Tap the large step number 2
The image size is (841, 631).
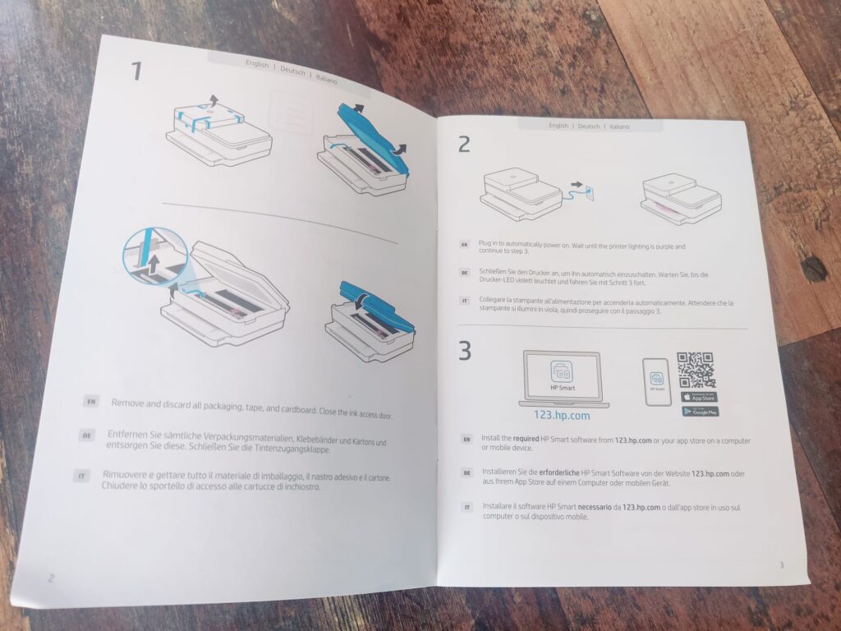coord(465,145)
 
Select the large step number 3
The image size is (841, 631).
coord(465,351)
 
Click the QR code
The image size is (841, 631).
coord(696,371)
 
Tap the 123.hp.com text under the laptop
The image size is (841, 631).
coord(563,415)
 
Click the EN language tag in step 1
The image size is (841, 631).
coord(92,402)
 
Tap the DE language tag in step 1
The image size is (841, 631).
coord(87,435)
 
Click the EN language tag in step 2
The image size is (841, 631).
coord(465,244)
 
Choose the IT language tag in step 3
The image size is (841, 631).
coord(466,507)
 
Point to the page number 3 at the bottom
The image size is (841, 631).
coord(780,564)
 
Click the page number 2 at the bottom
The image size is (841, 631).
coord(50,578)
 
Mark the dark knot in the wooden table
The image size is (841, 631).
coord(813,269)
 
